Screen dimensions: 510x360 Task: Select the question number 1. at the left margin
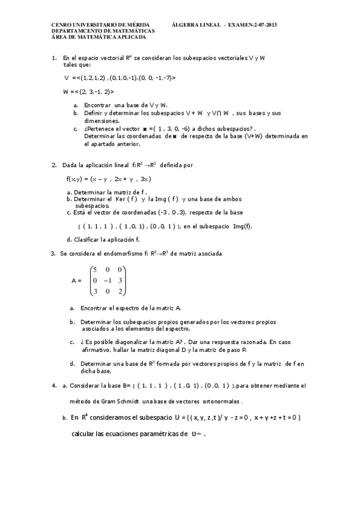[54, 58]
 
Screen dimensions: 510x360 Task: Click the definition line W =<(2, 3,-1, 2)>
[88, 91]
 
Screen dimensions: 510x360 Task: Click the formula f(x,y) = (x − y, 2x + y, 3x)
[109, 179]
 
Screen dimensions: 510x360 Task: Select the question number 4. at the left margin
[54, 385]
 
